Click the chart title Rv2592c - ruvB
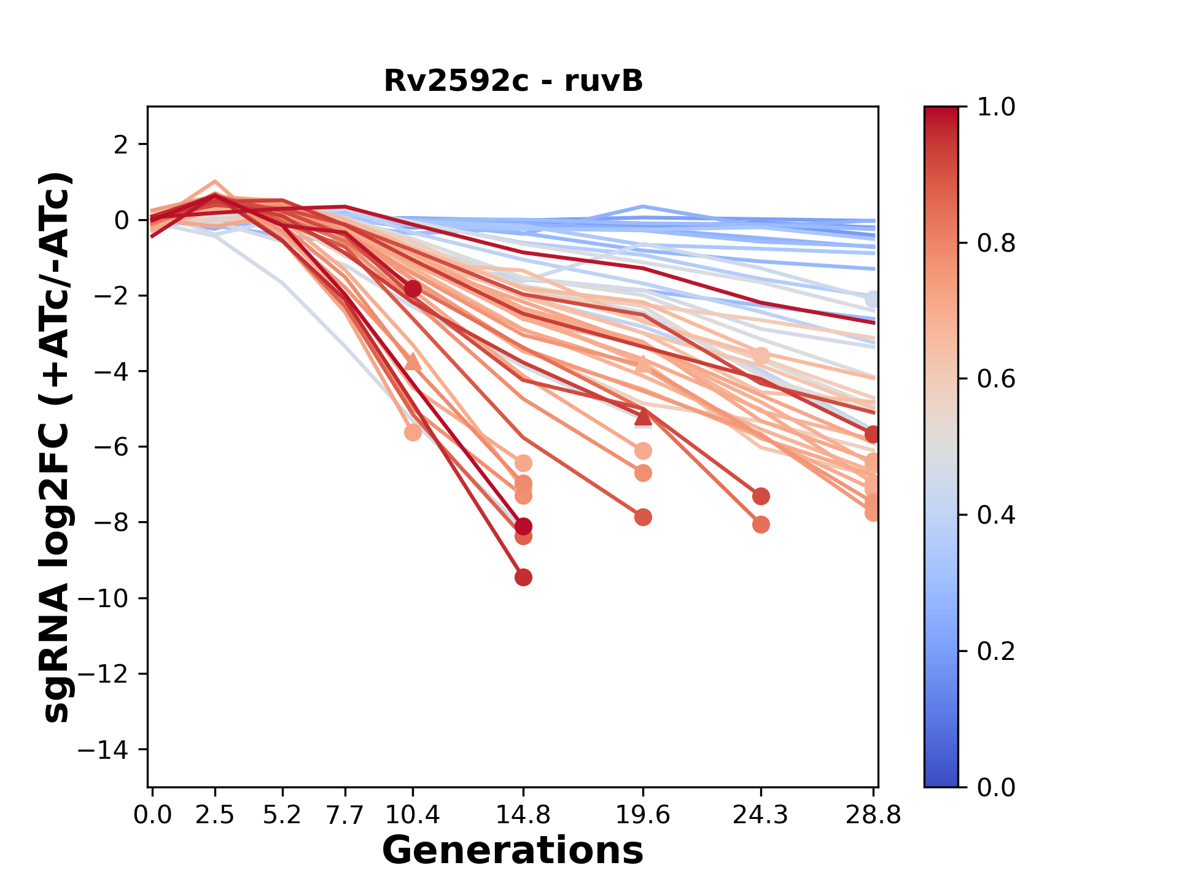pyautogui.click(x=513, y=81)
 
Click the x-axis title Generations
pyautogui.click(x=513, y=850)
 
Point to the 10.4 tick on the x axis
pyautogui.click(x=413, y=815)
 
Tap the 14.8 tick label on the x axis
pyautogui.click(x=523, y=815)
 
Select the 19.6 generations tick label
pyautogui.click(x=643, y=815)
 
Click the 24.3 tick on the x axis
pyautogui.click(x=761, y=815)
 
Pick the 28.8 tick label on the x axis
pyautogui.click(x=873, y=815)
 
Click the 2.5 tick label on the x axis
pyautogui.click(x=215, y=815)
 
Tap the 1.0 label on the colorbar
pyautogui.click(x=996, y=107)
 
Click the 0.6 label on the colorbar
pyautogui.click(x=996, y=379)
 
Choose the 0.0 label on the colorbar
pyautogui.click(x=996, y=787)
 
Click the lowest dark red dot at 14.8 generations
pyautogui.click(x=523, y=577)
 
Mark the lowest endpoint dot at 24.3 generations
pyautogui.click(x=761, y=525)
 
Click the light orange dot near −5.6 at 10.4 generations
pyautogui.click(x=413, y=433)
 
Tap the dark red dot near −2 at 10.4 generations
pyautogui.click(x=413, y=289)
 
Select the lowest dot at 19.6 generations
pyautogui.click(x=643, y=518)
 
